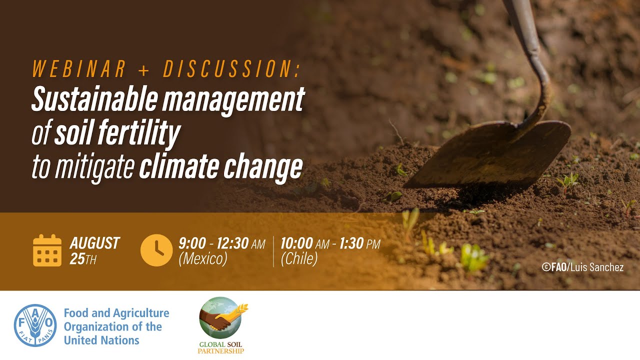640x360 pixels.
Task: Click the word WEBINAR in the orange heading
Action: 79,69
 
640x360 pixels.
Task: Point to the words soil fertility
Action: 117,133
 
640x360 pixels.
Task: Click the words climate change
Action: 220,167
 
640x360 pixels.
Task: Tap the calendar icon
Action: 47,250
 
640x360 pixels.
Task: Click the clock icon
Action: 156,250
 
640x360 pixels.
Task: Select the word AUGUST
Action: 94,243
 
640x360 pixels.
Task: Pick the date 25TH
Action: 83,259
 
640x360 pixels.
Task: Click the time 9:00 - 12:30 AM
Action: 221,243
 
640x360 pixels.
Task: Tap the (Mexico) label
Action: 202,259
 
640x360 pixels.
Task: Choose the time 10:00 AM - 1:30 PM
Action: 330,243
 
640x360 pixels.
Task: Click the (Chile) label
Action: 299,259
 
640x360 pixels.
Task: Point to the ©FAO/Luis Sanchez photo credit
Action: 582,267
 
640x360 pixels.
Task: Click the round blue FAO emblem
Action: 35,325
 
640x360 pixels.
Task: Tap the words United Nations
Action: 101,340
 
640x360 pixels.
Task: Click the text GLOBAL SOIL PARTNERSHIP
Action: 220,347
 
